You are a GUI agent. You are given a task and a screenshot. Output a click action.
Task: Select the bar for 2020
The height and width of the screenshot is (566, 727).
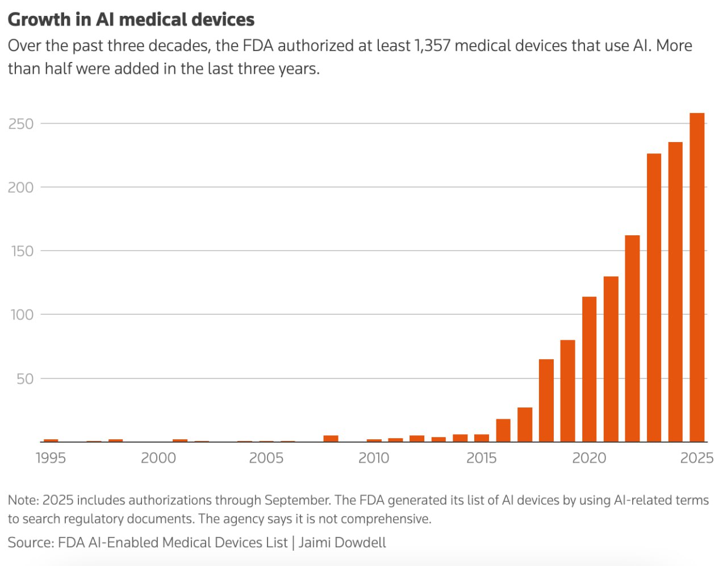589,369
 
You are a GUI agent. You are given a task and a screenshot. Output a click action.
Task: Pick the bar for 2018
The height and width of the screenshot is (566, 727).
546,400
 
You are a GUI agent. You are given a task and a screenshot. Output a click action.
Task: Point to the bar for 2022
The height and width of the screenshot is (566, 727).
632,338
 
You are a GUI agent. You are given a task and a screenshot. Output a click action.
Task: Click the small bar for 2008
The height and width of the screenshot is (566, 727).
331,439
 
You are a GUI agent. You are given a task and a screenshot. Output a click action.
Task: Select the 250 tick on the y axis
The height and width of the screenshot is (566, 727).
21,124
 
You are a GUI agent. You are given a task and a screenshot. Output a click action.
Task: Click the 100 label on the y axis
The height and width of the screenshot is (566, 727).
22,314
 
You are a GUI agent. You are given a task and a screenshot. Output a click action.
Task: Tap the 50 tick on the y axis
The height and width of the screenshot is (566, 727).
25,378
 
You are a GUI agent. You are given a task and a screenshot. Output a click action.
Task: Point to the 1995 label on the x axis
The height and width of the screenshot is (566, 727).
51,458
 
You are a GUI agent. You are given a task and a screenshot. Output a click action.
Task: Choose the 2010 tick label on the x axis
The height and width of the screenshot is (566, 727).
374,458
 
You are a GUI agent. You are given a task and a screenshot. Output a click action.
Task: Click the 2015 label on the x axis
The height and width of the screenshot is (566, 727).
481,458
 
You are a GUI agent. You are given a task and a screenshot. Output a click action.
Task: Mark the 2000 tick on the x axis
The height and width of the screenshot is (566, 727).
158,458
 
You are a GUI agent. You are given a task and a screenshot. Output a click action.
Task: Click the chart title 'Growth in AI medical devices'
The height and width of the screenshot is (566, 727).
131,19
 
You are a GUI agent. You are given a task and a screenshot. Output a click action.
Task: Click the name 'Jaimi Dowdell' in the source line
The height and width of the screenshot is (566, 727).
342,542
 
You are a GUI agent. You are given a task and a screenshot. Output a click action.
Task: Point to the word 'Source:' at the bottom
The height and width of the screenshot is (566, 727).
31,542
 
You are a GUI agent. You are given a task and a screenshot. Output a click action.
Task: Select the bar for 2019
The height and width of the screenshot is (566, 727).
567,390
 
